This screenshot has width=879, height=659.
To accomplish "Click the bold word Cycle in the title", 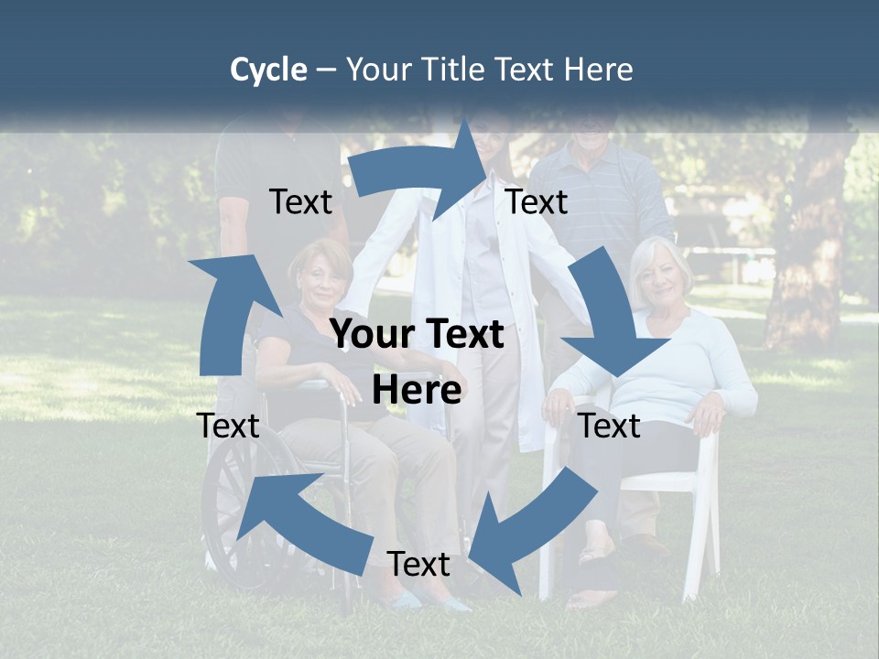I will (268, 70).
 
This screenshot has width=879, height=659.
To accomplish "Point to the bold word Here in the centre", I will (417, 390).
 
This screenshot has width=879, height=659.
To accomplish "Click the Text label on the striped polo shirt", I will (537, 201).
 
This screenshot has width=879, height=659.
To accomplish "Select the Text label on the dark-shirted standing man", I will (300, 201).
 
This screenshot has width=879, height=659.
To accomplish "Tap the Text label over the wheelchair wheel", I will (228, 426).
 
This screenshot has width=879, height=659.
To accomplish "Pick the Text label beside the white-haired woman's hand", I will (610, 426).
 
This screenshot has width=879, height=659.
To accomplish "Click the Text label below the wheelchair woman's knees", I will (418, 565).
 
